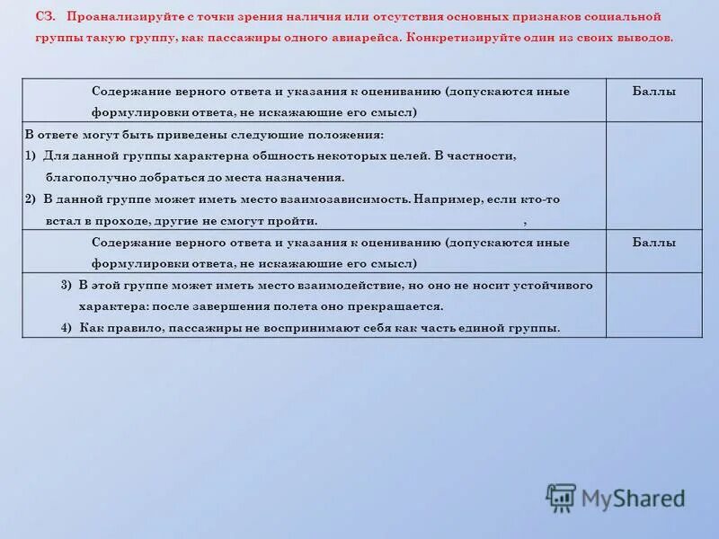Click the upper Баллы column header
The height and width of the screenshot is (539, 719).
tap(653, 92)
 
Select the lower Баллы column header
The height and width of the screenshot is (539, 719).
tap(653, 243)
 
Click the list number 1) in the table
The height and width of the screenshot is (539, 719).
tap(31, 155)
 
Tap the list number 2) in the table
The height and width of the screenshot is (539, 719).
tap(31, 199)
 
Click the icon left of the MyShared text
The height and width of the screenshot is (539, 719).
tap(561, 498)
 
